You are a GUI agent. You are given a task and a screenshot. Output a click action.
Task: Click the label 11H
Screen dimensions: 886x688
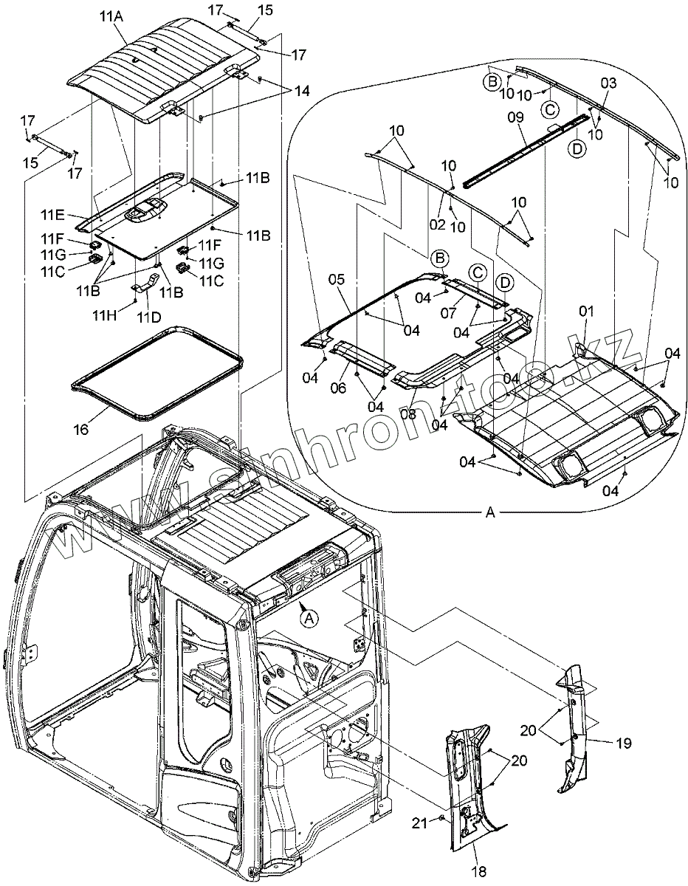click(104, 316)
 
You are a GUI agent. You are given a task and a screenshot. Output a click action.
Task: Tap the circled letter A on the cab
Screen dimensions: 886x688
click(311, 619)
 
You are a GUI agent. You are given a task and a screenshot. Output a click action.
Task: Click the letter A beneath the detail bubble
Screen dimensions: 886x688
click(489, 515)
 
